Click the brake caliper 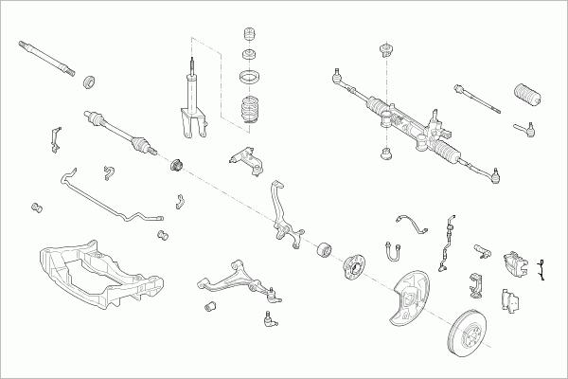516,265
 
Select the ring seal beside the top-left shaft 91,81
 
